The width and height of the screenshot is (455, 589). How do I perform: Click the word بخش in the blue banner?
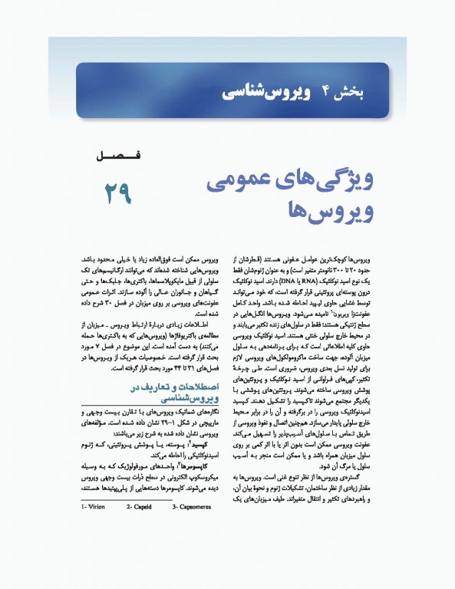point(352,92)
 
